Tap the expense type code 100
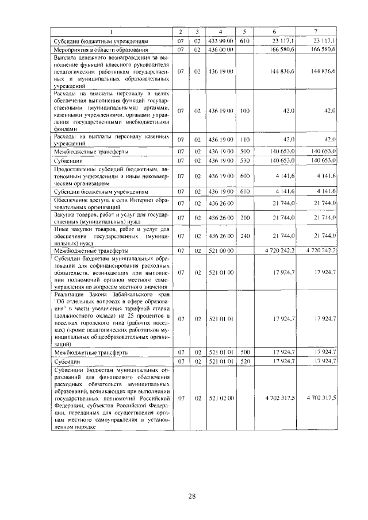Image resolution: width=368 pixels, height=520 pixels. [244, 110]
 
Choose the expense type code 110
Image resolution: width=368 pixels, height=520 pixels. [244, 140]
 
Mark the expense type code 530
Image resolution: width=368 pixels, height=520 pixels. [244, 161]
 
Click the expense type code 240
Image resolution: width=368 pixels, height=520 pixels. [244, 236]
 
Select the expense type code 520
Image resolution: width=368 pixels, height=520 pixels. [244, 361]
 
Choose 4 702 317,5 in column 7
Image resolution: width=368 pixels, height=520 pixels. [321, 398]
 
